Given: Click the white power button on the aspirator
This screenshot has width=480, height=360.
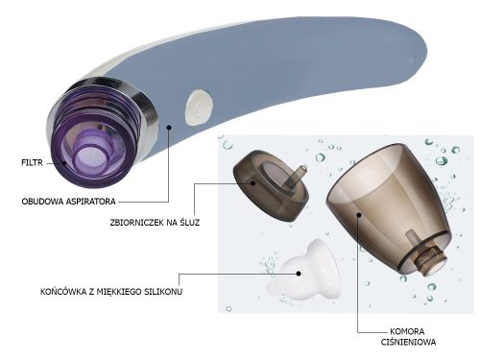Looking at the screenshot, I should (x=199, y=107).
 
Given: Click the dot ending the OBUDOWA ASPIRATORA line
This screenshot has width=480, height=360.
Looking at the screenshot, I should (x=168, y=126).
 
